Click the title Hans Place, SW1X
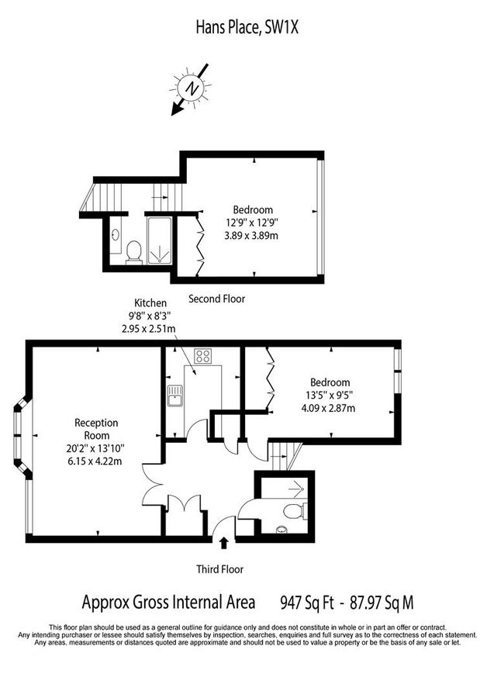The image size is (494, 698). click(246, 29)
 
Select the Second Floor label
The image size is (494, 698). click(217, 298)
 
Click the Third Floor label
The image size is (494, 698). click(219, 568)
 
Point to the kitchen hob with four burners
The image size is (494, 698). click(203, 357)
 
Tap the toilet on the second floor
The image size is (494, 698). click(133, 251)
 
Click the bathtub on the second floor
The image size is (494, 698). click(161, 240)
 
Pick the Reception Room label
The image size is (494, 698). click(96, 429)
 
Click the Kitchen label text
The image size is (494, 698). click(150, 302)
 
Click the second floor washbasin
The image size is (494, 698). click(115, 233)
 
